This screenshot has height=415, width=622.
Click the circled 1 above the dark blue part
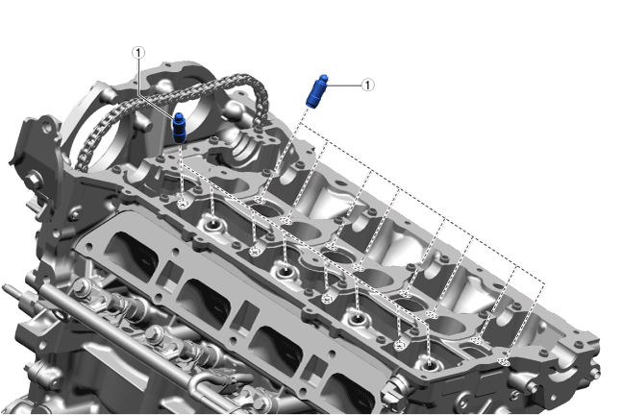[x=138, y=52]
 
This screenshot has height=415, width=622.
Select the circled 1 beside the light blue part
[x=368, y=85]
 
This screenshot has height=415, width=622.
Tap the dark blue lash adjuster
[x=180, y=127]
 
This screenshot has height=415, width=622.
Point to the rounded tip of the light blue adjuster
[x=324, y=77]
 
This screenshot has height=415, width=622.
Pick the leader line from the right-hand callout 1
[x=344, y=85]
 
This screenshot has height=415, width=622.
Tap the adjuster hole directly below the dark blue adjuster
[x=183, y=204]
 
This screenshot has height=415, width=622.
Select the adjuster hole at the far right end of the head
[x=504, y=361]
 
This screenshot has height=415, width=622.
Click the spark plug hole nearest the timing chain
[x=213, y=225]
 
